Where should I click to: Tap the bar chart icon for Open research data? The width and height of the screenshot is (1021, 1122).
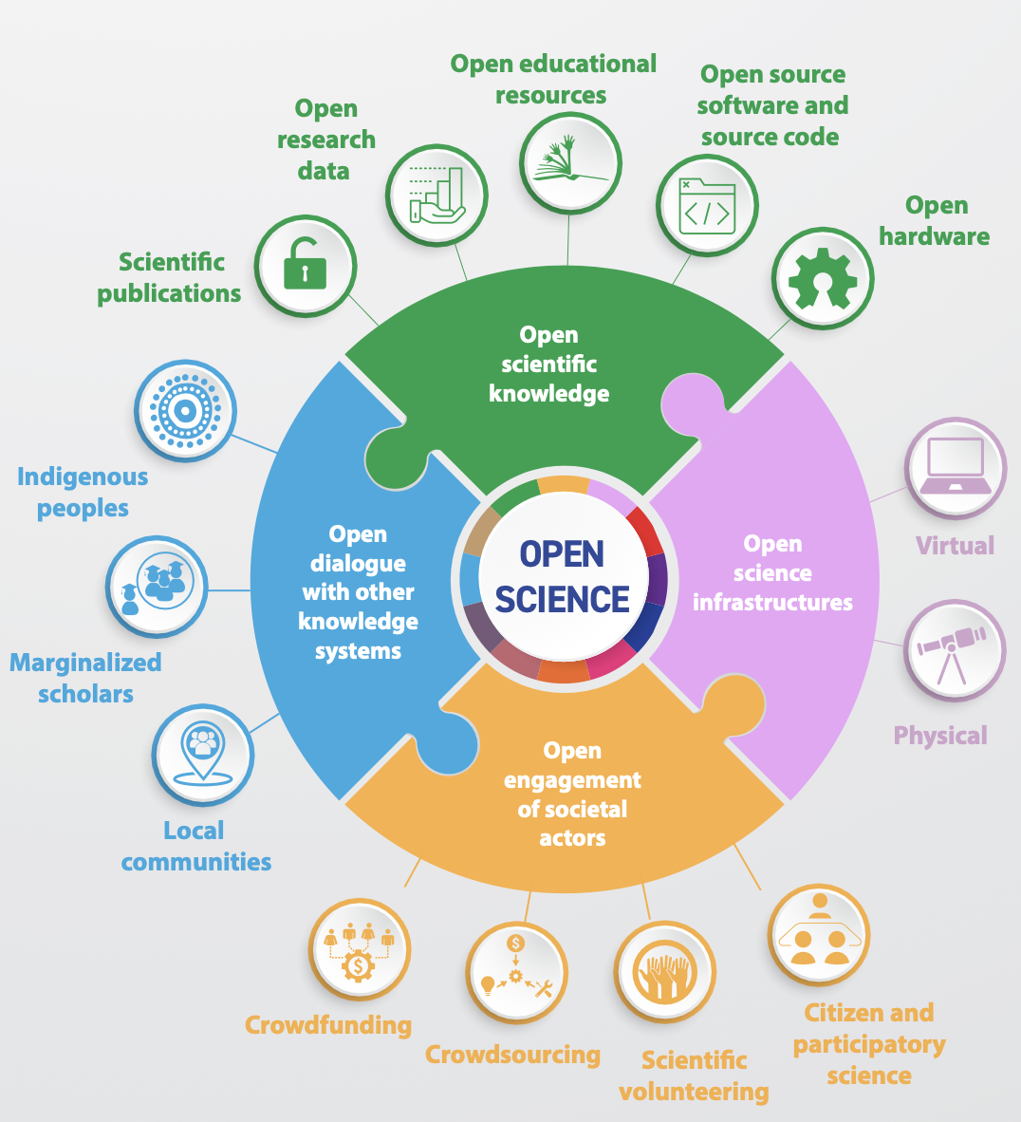pos(436,196)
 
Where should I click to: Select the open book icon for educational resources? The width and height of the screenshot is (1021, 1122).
pos(570,162)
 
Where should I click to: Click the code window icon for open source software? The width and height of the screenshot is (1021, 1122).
pos(707,205)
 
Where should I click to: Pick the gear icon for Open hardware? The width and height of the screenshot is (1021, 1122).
pos(822,279)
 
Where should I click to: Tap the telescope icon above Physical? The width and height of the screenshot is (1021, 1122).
pos(954,650)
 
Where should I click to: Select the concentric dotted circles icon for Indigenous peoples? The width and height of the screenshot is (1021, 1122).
pos(185,411)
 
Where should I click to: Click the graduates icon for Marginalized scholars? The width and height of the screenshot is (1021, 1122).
pos(156,587)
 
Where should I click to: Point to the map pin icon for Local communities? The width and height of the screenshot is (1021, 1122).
pos(203,754)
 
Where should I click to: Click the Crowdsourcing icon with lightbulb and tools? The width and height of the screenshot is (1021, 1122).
pos(516,972)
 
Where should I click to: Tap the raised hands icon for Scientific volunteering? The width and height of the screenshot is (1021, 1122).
pos(664,972)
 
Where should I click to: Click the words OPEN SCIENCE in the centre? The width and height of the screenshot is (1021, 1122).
pos(563,577)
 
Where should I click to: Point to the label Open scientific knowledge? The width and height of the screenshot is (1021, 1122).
pos(548,364)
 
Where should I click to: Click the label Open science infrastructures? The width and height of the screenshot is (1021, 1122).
pos(772,572)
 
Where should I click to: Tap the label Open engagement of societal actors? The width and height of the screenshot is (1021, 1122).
pos(572,794)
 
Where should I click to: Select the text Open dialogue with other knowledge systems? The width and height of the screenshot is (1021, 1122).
pos(358,592)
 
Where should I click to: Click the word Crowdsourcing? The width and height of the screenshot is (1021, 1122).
pos(512,1055)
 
